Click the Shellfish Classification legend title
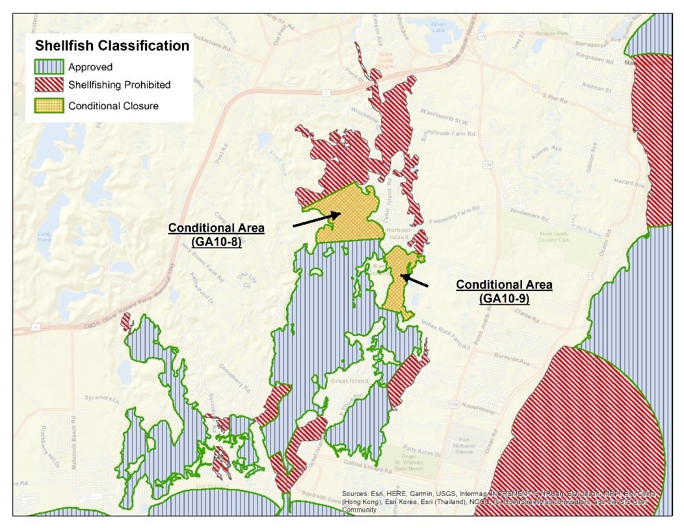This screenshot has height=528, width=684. point(112,46)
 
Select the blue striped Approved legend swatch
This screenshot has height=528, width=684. point(49,67)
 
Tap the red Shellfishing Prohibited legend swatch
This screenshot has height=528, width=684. point(49,85)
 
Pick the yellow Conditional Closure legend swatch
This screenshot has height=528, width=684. point(49,105)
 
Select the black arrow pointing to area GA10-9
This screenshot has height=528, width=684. point(415,280)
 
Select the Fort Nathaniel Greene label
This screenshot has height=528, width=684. point(464,443)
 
